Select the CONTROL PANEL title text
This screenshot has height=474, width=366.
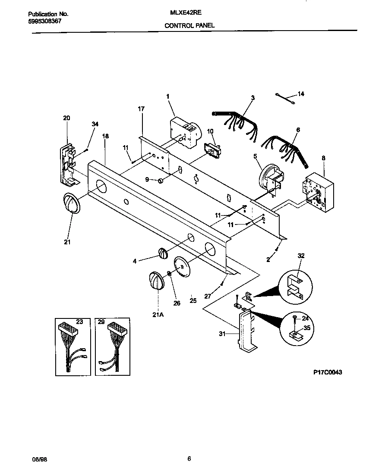[x=189, y=25]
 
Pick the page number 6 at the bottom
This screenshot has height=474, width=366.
[x=189, y=459]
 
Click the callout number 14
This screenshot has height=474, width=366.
[x=301, y=94]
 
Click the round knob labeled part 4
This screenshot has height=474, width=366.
[x=162, y=253]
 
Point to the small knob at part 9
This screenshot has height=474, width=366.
[x=161, y=180]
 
